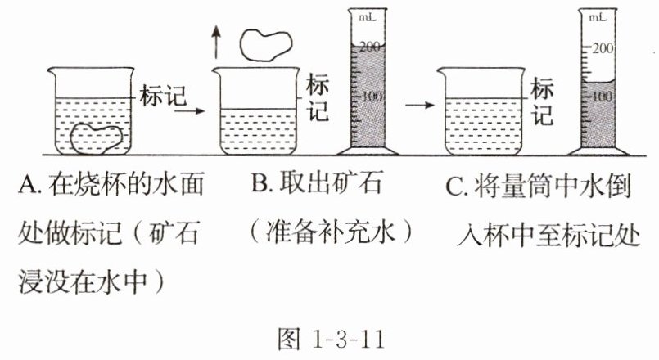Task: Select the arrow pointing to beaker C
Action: (422, 105)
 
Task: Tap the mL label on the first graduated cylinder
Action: (368, 15)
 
